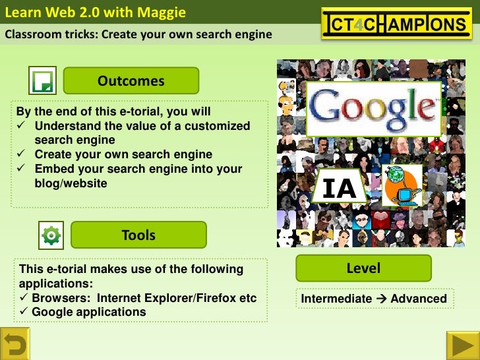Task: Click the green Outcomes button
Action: click(x=131, y=80)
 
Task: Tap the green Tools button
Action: click(x=138, y=235)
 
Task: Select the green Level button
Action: click(x=363, y=268)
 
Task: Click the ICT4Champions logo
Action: click(x=397, y=24)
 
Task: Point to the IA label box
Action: click(x=339, y=189)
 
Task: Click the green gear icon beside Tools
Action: click(x=51, y=235)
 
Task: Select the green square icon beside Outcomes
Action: click(x=42, y=80)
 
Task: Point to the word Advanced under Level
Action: click(x=418, y=299)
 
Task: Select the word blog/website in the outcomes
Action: click(x=71, y=183)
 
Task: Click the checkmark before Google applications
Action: click(x=24, y=312)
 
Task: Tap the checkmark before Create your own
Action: click(x=21, y=154)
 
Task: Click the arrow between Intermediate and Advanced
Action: click(x=381, y=299)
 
